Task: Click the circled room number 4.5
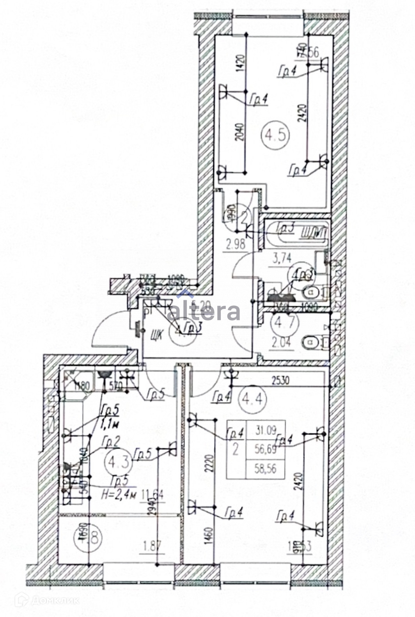click(276, 135)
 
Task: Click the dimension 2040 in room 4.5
click(241, 132)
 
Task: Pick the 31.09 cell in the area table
click(265, 430)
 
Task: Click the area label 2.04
click(280, 343)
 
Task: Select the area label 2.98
click(235, 245)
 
